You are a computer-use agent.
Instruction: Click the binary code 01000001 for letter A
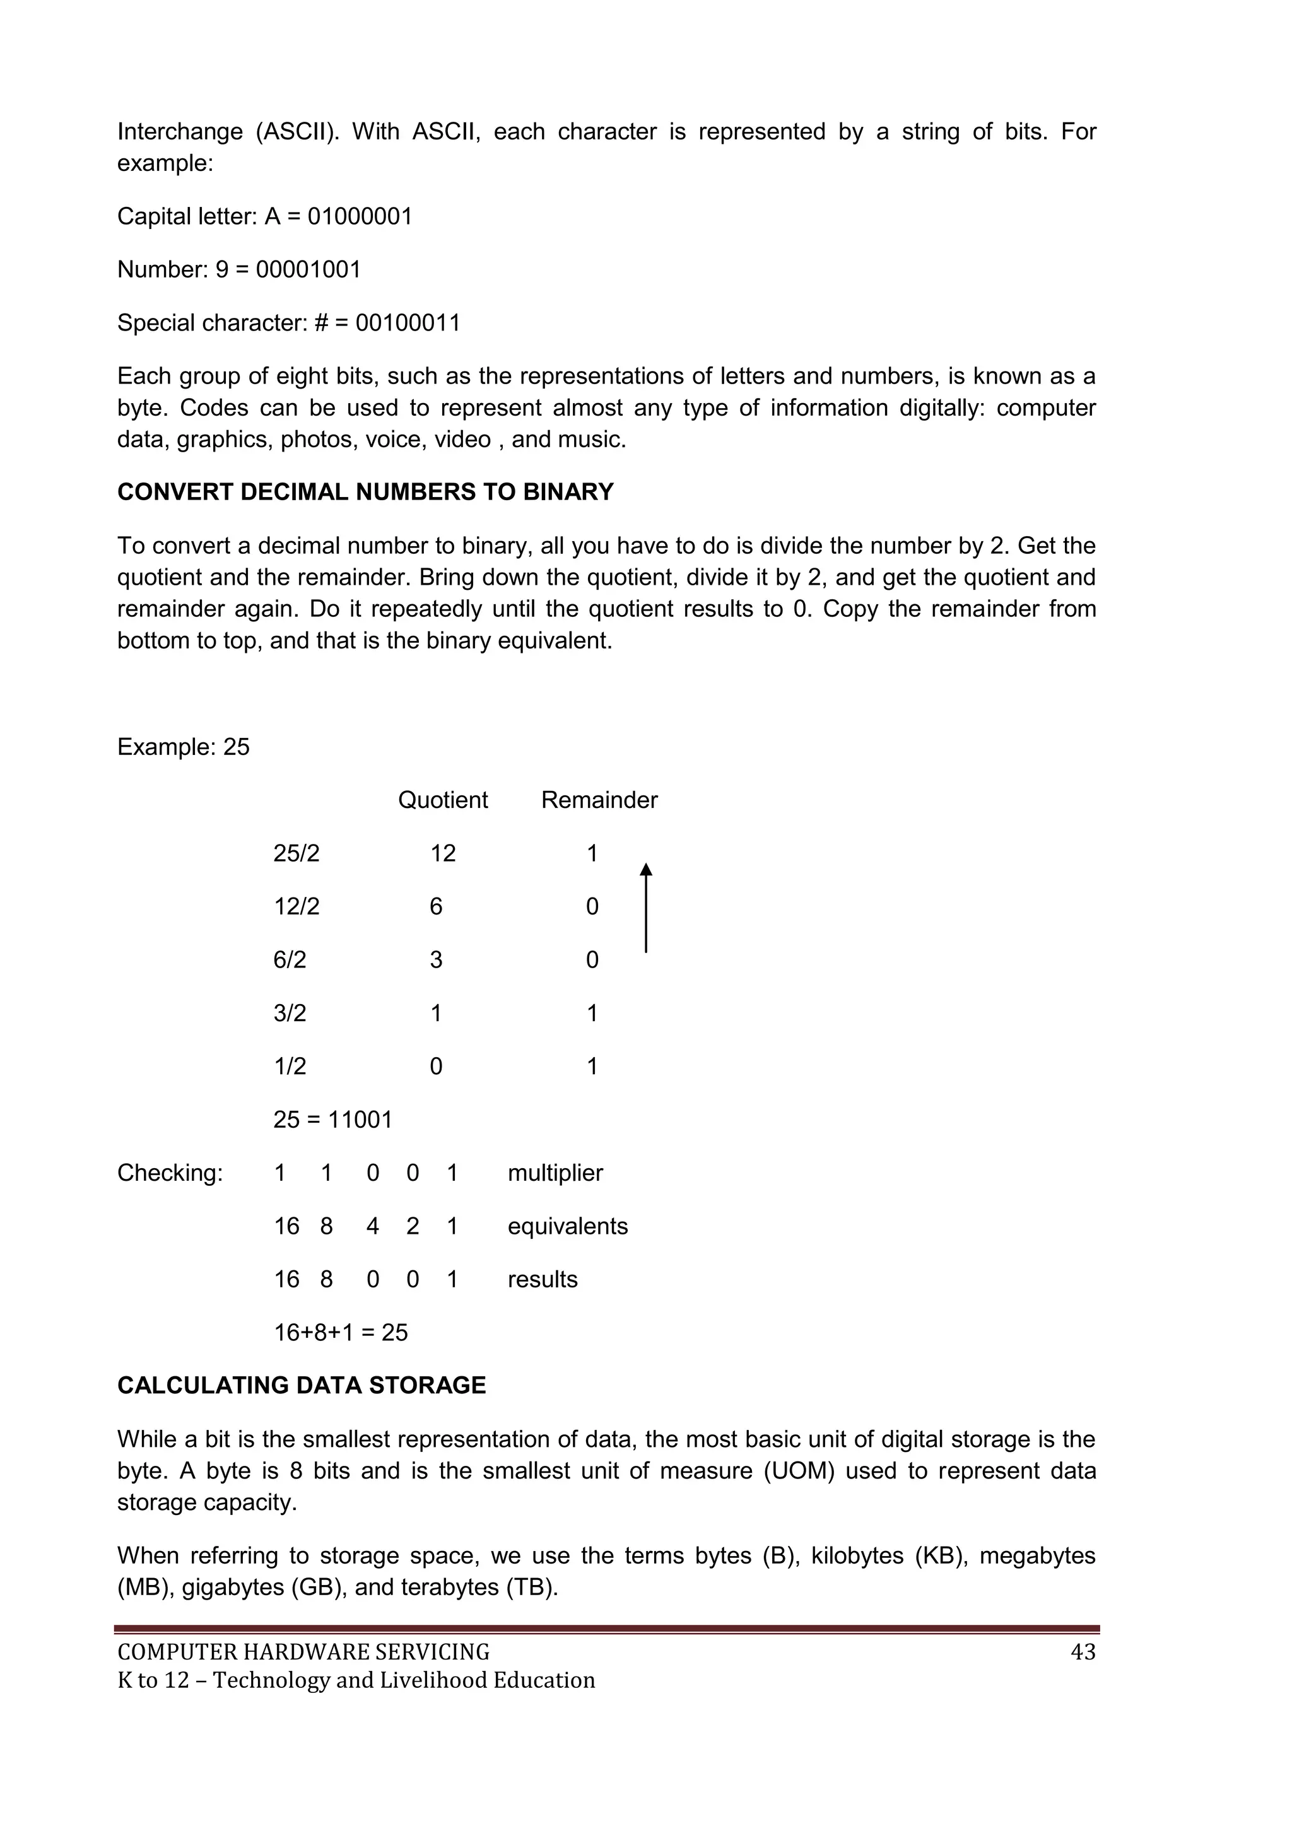(x=360, y=216)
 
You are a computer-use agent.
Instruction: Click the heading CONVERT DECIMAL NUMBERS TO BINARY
(x=365, y=492)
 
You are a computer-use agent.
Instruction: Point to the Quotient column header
(x=442, y=800)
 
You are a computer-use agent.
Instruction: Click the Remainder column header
(x=599, y=800)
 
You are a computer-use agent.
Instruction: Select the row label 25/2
(x=296, y=853)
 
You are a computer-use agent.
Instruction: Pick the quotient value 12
(x=442, y=853)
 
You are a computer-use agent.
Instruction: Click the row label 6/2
(x=290, y=960)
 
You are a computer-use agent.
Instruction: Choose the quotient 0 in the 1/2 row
(x=436, y=1067)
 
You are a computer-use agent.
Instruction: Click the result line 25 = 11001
(x=332, y=1120)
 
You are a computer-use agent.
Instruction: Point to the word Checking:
(x=170, y=1173)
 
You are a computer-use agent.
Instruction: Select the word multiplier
(x=555, y=1173)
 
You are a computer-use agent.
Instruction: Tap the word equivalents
(x=567, y=1226)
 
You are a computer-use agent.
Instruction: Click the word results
(x=543, y=1280)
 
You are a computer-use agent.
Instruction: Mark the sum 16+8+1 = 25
(x=341, y=1333)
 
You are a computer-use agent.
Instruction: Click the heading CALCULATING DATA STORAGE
(x=302, y=1385)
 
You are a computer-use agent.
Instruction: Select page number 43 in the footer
(x=1083, y=1653)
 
